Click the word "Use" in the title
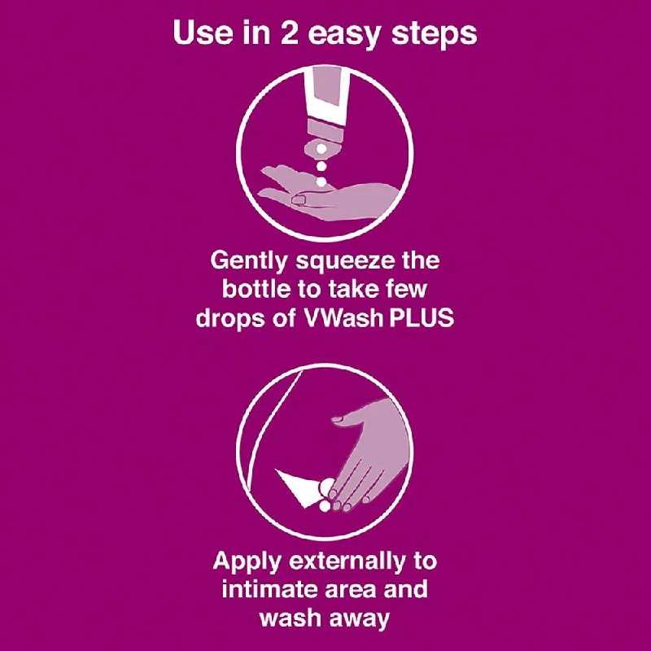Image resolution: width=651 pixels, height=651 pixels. tap(201, 34)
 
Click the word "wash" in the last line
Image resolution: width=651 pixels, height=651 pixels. tap(291, 618)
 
